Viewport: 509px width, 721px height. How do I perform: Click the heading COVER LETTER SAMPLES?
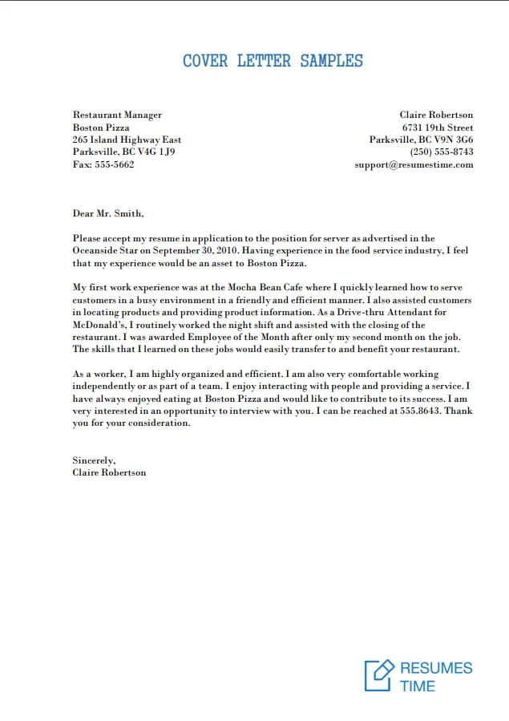273,61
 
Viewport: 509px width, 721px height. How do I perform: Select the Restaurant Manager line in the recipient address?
117,115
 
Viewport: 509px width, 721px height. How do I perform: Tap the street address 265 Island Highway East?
127,140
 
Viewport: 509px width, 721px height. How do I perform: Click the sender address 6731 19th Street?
437,128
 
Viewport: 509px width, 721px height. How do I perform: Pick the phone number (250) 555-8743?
442,152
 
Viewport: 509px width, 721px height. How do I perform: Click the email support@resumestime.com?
414,164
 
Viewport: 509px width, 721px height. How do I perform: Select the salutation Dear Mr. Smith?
108,213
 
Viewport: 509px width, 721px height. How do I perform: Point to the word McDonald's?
99,325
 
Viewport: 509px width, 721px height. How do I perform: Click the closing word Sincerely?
94,460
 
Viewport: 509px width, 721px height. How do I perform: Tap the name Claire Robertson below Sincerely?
109,472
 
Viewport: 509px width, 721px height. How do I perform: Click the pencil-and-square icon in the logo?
379,675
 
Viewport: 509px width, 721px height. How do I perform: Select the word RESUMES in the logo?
436,668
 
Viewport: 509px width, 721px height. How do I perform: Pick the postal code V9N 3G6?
454,140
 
